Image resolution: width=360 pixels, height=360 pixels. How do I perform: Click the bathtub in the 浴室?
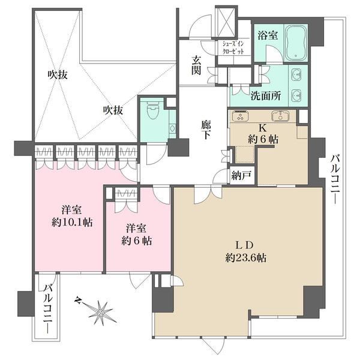[296, 43]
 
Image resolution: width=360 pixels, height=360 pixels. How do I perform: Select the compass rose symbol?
[100, 312]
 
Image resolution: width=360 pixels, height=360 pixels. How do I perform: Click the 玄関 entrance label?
[196, 65]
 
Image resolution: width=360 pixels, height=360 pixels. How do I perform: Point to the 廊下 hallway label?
[206, 130]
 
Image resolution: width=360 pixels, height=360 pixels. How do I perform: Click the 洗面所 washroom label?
[265, 96]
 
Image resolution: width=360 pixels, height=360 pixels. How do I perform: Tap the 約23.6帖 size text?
[245, 258]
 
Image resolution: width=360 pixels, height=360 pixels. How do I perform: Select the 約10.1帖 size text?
[72, 222]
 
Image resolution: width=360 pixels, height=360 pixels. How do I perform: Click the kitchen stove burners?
[240, 116]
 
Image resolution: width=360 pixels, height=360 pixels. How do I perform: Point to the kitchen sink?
[280, 116]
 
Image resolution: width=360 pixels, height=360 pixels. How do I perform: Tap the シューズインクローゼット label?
[233, 47]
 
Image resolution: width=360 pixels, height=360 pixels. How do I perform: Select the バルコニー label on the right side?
[335, 179]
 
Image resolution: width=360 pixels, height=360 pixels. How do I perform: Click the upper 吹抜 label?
[58, 75]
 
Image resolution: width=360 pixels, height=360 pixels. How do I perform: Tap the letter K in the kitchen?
[263, 128]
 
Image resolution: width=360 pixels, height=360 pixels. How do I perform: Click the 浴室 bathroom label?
[268, 35]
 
